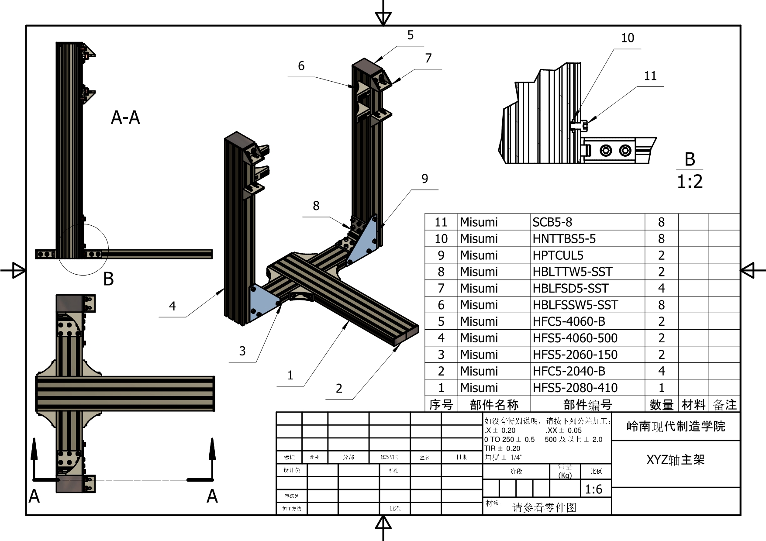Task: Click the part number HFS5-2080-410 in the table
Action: pyautogui.click(x=575, y=388)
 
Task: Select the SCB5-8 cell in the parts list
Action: pyautogui.click(x=552, y=222)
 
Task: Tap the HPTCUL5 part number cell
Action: pyautogui.click(x=558, y=255)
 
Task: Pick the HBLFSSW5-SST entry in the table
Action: pyautogui.click(x=575, y=305)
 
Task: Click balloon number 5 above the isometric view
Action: pyautogui.click(x=410, y=35)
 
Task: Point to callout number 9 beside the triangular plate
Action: pyautogui.click(x=424, y=179)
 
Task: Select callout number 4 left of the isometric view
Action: pyautogui.click(x=173, y=306)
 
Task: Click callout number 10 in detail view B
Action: pyautogui.click(x=628, y=38)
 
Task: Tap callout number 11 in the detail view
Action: pyautogui.click(x=650, y=76)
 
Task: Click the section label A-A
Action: pyautogui.click(x=125, y=117)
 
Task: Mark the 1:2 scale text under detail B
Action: pyautogui.click(x=690, y=181)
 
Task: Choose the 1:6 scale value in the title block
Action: pyautogui.click(x=593, y=489)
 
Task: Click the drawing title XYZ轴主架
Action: pyautogui.click(x=675, y=460)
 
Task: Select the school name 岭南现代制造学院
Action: pyautogui.click(x=676, y=426)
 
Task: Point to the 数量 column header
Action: pyautogui.click(x=661, y=405)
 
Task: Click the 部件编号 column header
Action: pyautogui.click(x=587, y=405)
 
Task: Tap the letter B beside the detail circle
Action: pyautogui.click(x=108, y=279)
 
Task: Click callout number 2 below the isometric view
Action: pyautogui.click(x=339, y=389)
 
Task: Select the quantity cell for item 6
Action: pyautogui.click(x=661, y=305)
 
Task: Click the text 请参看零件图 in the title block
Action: pyautogui.click(x=544, y=507)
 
